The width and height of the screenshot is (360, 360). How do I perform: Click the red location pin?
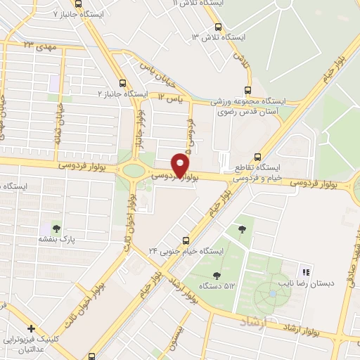(180, 166)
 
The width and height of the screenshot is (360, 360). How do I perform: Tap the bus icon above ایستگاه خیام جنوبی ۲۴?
(185, 239)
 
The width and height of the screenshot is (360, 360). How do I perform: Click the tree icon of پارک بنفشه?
(56, 228)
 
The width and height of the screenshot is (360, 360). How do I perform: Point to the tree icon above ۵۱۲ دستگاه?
(243, 228)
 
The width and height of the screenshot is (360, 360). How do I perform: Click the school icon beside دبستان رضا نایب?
(305, 271)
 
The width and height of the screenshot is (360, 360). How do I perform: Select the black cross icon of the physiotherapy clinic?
(32, 328)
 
